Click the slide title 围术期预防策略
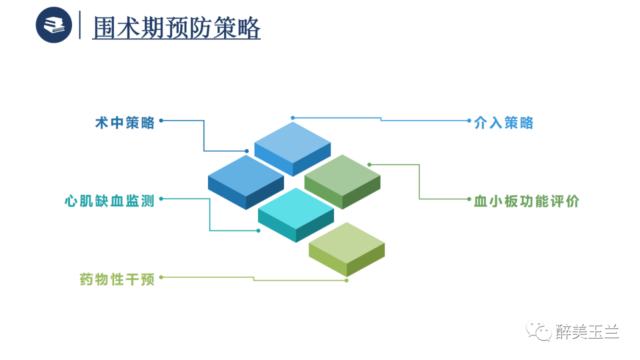(176, 27)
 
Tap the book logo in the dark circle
(54, 25)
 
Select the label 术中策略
(125, 122)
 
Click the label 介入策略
(504, 122)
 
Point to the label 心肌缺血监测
(109, 201)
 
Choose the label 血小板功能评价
(526, 201)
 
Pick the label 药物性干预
(117, 279)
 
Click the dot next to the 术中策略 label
(161, 120)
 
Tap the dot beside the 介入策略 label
(469, 120)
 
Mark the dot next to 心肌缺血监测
(161, 198)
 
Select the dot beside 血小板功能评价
(469, 198)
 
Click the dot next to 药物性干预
(161, 276)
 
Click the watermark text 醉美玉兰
(587, 331)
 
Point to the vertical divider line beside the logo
(80, 25)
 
